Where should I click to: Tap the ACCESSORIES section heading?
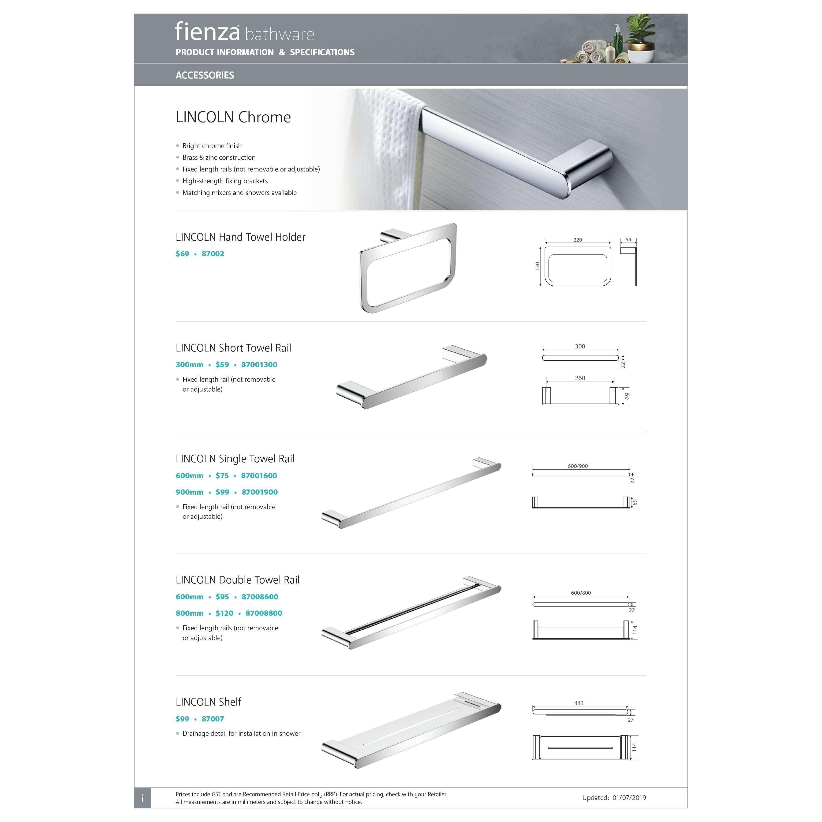click(205, 75)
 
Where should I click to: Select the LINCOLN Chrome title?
click(233, 117)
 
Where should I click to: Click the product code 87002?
click(213, 254)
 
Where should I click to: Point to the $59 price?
click(222, 365)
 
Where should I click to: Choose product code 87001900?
click(260, 492)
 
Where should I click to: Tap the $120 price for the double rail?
click(224, 613)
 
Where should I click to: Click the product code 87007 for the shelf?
click(213, 719)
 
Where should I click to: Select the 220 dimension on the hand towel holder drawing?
click(577, 240)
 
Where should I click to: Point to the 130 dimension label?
click(537, 266)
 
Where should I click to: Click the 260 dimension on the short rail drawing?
click(580, 378)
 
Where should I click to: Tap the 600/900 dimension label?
click(577, 466)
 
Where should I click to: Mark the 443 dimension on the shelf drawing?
click(579, 703)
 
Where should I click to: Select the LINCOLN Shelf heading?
click(209, 702)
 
